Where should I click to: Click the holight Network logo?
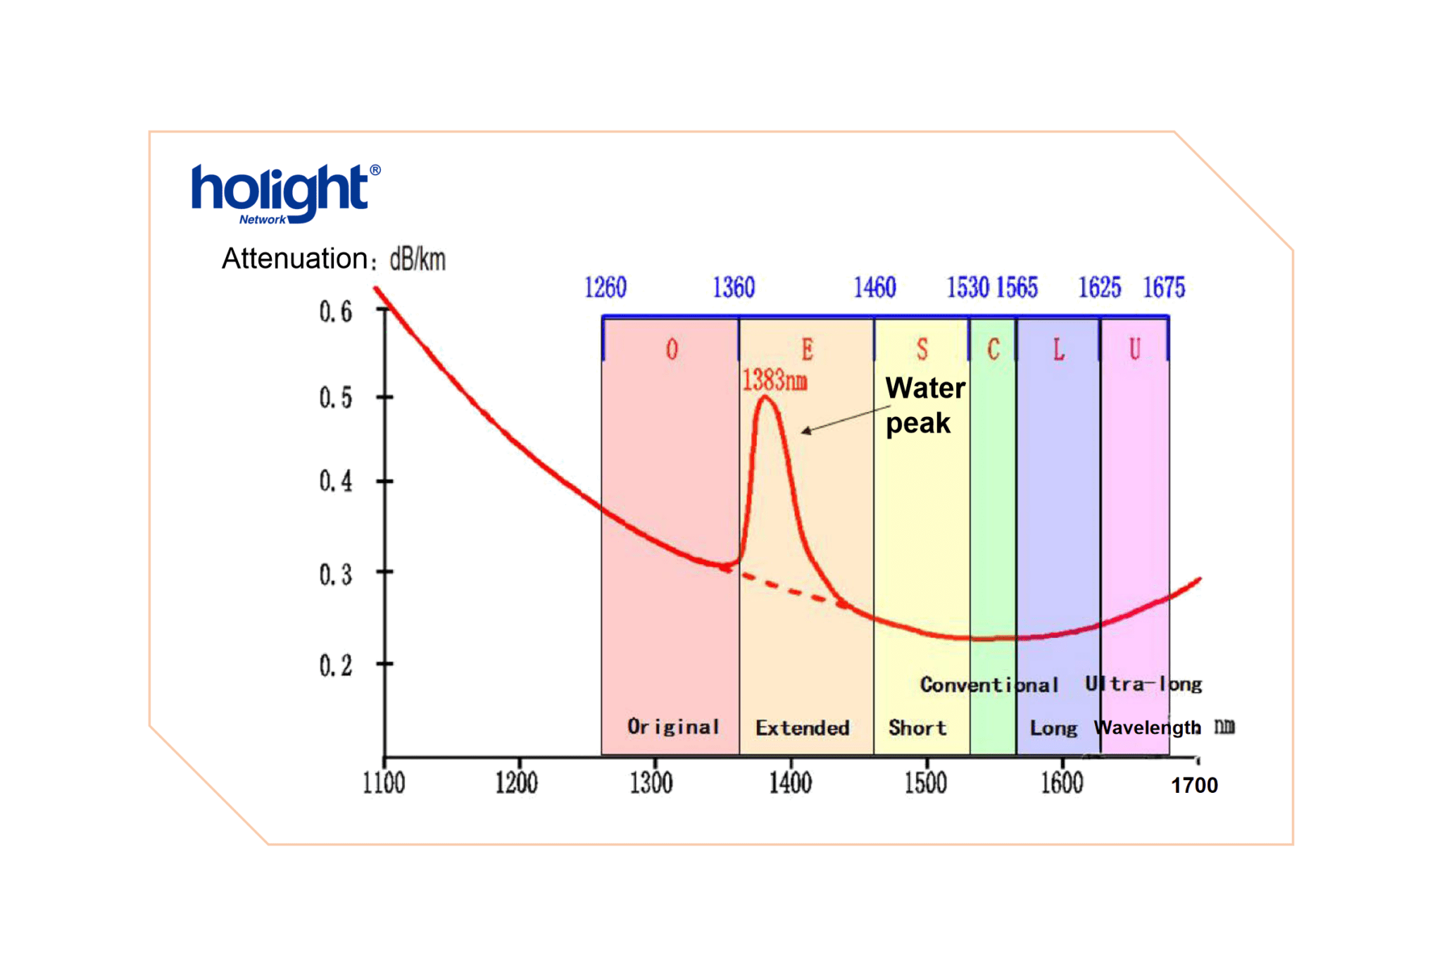(x=284, y=193)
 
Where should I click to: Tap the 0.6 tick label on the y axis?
(x=335, y=311)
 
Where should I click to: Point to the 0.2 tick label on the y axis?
(x=335, y=665)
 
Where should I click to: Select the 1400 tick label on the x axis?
(x=790, y=783)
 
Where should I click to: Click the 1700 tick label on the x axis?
(x=1193, y=785)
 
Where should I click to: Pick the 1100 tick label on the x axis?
(x=384, y=783)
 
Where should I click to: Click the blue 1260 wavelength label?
(x=606, y=287)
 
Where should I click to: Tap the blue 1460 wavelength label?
(x=874, y=287)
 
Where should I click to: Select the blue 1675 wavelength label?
(x=1164, y=287)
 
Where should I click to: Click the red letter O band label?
(x=672, y=349)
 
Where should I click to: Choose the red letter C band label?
(x=993, y=349)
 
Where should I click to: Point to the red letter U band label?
(x=1134, y=349)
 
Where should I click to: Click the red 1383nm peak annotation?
(x=775, y=381)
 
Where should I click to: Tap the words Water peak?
(x=924, y=406)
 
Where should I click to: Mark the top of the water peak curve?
(x=765, y=399)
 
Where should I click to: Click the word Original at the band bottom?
(x=673, y=727)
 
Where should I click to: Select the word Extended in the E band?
(x=803, y=728)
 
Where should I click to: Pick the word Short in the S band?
(x=917, y=728)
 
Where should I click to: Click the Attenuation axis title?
(x=333, y=259)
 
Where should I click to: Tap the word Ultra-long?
(x=1143, y=684)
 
